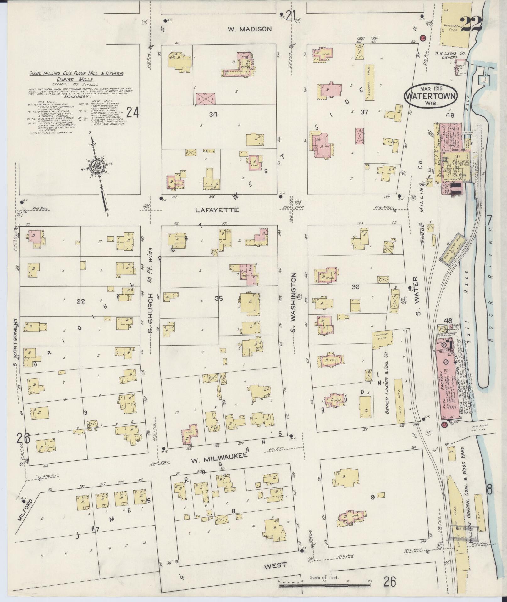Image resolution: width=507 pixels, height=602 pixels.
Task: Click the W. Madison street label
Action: [249, 29]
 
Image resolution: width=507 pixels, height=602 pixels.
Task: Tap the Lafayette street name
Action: [217, 210]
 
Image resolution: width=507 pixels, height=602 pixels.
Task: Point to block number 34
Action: [213, 115]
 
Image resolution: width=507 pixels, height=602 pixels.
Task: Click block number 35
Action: [219, 299]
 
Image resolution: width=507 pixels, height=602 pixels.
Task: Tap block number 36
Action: [355, 287]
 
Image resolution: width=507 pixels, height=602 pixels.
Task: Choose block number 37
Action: [364, 112]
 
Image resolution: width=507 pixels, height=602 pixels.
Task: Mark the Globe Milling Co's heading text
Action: [76, 74]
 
